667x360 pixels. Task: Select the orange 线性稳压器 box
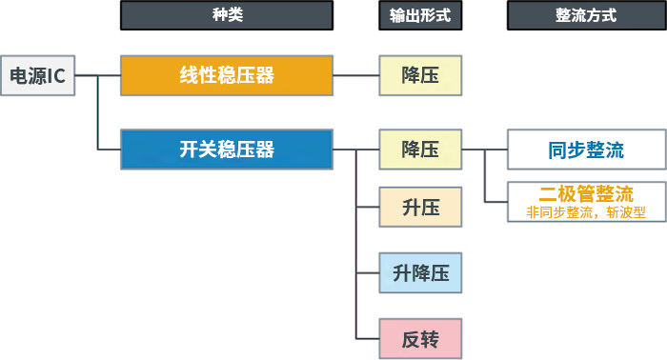click(227, 75)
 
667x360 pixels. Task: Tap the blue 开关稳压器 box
click(227, 150)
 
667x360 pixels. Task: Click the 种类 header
click(227, 16)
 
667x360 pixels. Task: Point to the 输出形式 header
click(420, 16)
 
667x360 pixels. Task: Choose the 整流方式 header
click(585, 16)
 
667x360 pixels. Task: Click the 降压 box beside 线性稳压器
click(420, 75)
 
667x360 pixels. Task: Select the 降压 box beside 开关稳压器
click(420, 150)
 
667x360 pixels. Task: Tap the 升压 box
click(420, 207)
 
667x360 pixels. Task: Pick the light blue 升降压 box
click(420, 273)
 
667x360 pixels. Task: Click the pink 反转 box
click(420, 339)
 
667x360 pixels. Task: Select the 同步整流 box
click(585, 150)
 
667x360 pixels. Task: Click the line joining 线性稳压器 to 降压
click(356, 75)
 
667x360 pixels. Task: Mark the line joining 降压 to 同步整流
click(484, 150)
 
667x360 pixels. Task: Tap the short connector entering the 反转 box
click(367, 339)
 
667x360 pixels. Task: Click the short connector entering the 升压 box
click(367, 207)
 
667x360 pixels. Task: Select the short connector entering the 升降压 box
click(367, 273)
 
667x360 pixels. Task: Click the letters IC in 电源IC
click(56, 76)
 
